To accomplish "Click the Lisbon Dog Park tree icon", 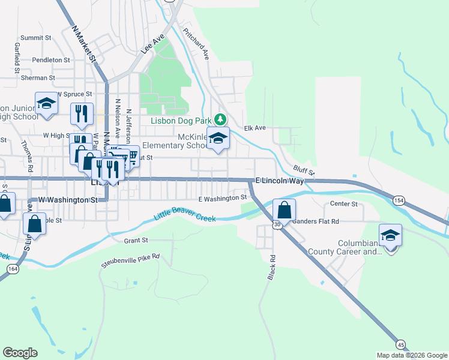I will coord(220,118).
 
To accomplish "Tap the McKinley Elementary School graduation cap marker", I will coord(218,138).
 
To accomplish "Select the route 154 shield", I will coord(399,200).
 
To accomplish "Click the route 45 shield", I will coord(400,344).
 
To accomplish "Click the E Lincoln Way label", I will coord(277,181).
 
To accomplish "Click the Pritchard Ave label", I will coord(196,44).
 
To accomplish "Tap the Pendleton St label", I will coord(47,60).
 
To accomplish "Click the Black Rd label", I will coord(271,267).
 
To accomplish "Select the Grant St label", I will coord(136,241).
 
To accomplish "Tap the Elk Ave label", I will coord(255,128).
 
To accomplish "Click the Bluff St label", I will coord(304,171).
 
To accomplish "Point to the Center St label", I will coord(344,204).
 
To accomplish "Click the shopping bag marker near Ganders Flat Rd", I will coord(285,210).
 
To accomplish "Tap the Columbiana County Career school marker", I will coord(390,235).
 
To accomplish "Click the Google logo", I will coord(20,353).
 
